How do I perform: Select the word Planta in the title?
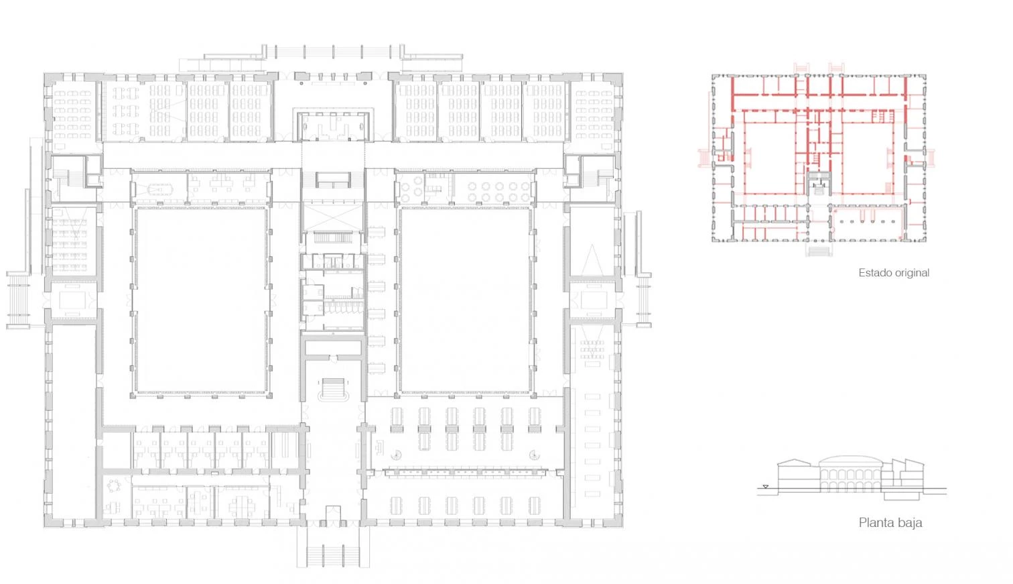874,522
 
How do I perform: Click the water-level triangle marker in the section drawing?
765,487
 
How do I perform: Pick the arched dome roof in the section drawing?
850,461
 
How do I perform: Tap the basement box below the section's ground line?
902,495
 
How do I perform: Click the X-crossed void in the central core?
333,217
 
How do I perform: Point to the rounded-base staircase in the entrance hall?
333,390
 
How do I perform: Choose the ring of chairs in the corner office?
114,485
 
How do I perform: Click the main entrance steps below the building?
333,553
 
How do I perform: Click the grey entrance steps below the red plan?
818,250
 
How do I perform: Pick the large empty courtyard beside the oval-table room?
201,300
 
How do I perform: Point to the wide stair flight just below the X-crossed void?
333,237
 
